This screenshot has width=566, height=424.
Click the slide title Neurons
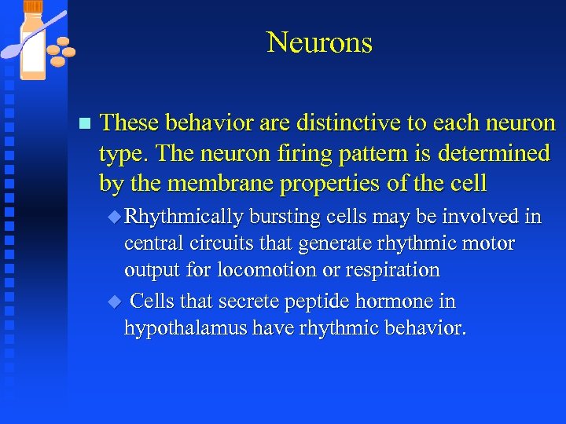click(319, 42)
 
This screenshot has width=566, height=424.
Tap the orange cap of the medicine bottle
click(34, 7)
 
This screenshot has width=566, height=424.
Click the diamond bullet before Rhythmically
click(117, 217)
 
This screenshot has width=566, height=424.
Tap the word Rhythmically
click(184, 217)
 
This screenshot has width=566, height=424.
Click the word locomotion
click(256, 270)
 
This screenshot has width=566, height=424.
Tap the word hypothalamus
click(186, 328)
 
